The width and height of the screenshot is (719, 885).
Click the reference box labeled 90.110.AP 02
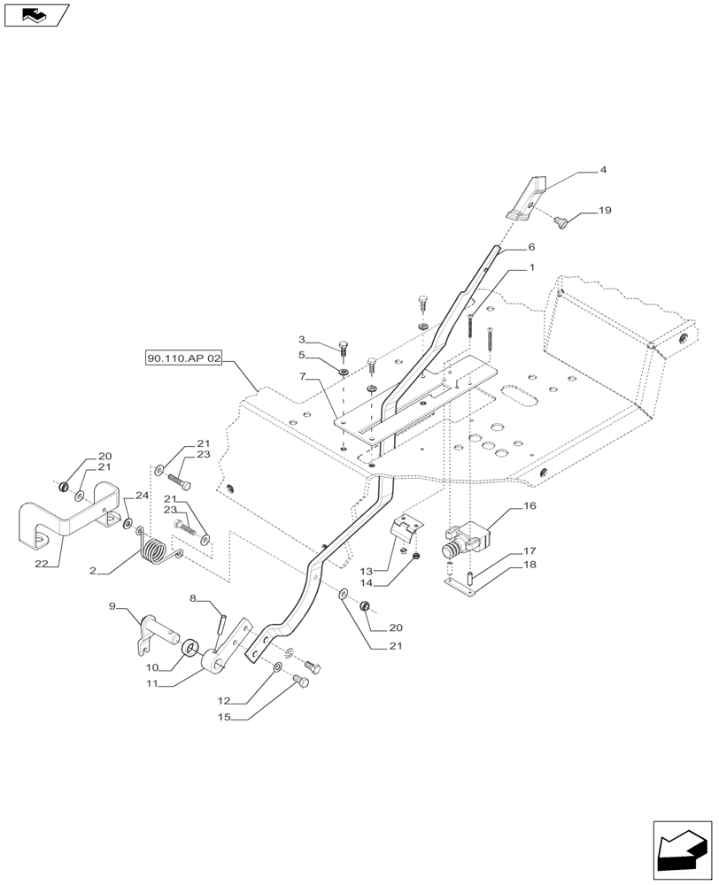tap(185, 358)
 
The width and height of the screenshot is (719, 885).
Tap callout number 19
tap(605, 211)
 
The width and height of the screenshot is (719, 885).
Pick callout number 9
tap(112, 605)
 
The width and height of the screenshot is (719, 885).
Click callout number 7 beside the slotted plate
tap(303, 378)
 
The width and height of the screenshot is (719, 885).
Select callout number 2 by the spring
tap(93, 572)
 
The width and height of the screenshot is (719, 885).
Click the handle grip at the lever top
tap(527, 199)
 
